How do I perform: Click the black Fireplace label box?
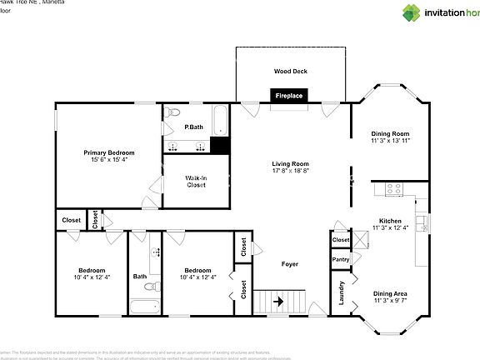tap(290, 97)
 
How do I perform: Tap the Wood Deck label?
tap(289, 71)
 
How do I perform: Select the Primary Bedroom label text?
tap(108, 152)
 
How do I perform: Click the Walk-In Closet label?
tap(196, 181)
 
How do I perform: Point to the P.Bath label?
tap(193, 127)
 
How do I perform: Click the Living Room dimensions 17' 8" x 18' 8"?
tap(290, 171)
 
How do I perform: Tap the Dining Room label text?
tap(390, 133)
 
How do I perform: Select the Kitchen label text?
tap(390, 221)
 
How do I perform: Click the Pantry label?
tap(341, 260)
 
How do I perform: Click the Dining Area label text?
tap(390, 293)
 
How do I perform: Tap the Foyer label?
tap(289, 264)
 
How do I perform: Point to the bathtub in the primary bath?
tap(218, 119)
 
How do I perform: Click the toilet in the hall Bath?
tap(150, 287)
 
